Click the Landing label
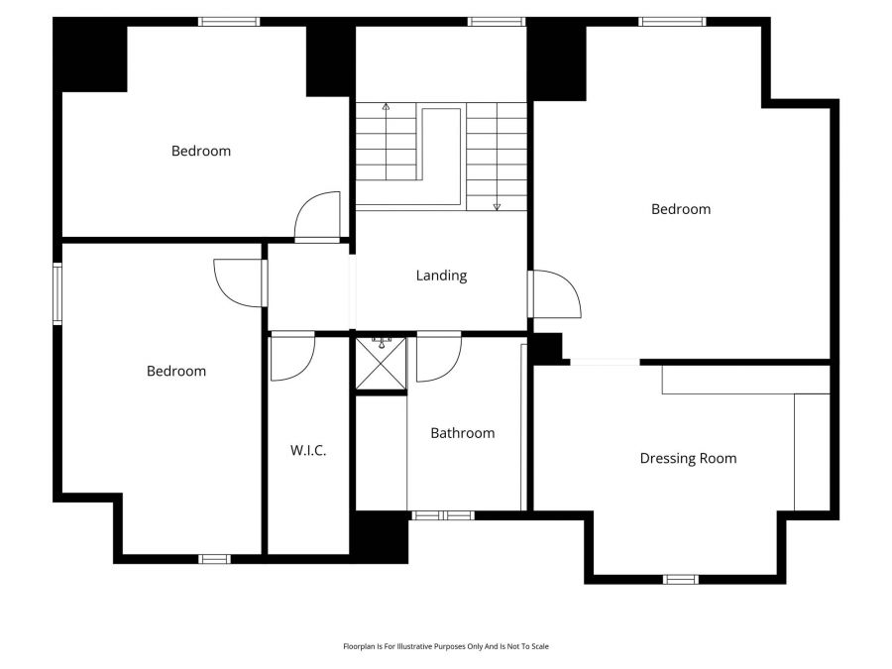[x=441, y=276]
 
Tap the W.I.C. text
[x=308, y=450]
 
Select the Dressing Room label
[x=688, y=458]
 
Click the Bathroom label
[x=462, y=433]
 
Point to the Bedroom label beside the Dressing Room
[x=681, y=209]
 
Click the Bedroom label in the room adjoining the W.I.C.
[x=176, y=371]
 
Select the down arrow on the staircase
[x=497, y=204]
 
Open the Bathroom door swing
[x=437, y=360]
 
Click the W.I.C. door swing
[x=291, y=359]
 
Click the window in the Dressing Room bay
[x=680, y=579]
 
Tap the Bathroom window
[x=442, y=515]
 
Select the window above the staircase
[x=496, y=21]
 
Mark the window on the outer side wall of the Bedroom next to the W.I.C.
[x=57, y=293]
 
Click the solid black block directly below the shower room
[x=381, y=537]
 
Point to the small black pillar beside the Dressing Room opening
[x=546, y=348]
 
